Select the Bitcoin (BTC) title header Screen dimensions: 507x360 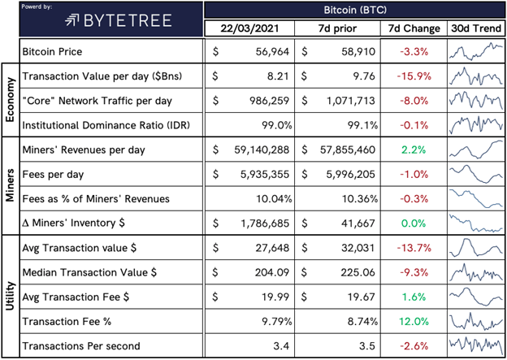(x=355, y=10)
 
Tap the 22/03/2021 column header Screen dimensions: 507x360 (x=249, y=28)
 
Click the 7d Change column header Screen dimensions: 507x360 (x=414, y=28)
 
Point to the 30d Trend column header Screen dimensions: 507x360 (x=476, y=28)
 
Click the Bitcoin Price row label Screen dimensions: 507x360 (x=52, y=51)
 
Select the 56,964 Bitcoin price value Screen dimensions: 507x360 (x=272, y=51)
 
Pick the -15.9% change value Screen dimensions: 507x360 (x=414, y=76)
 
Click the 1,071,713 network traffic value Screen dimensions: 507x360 (x=351, y=101)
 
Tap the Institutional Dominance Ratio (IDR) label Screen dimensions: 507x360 (x=106, y=125)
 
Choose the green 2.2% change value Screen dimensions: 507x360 (x=414, y=150)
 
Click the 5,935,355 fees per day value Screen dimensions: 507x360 (x=265, y=175)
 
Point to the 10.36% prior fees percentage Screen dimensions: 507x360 (x=360, y=198)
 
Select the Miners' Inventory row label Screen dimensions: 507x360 (x=73, y=223)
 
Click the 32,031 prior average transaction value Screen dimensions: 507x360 (x=358, y=248)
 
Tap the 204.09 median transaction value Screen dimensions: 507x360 (x=272, y=272)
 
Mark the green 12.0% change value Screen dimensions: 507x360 (x=414, y=322)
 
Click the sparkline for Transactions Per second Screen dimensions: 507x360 (x=476, y=345)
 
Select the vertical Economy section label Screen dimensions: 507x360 (x=11, y=100)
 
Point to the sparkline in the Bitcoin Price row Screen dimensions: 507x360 (x=476, y=51)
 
